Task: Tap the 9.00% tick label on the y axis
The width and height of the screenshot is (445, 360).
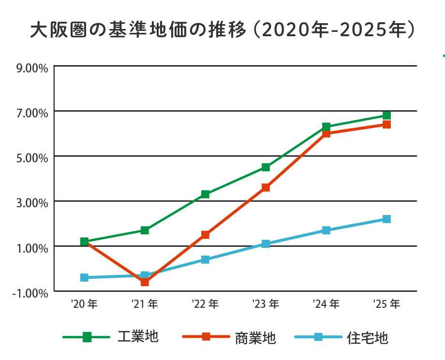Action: (32, 68)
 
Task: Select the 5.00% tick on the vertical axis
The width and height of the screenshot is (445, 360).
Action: (32, 158)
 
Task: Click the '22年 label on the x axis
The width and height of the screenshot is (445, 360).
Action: (205, 304)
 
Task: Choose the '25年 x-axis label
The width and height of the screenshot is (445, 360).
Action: (386, 304)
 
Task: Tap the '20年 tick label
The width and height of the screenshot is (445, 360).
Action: (84, 304)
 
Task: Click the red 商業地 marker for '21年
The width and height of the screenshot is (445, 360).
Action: (145, 282)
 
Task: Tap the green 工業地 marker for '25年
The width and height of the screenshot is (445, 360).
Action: (386, 115)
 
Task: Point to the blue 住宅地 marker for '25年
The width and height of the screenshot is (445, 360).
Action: (386, 219)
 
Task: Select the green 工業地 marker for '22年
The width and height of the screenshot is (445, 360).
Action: (205, 194)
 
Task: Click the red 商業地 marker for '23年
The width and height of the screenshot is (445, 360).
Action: (266, 187)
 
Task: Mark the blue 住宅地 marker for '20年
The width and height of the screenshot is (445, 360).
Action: (84, 277)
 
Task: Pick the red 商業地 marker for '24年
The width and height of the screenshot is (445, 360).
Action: (326, 133)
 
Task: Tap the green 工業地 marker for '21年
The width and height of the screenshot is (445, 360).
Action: (145, 230)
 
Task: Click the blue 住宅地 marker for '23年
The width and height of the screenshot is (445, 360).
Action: (266, 244)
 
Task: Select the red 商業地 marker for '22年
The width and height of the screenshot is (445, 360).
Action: (205, 235)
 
